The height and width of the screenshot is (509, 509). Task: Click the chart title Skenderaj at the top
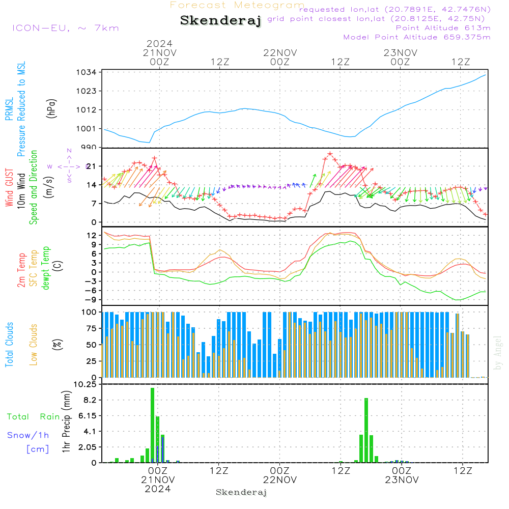tap(220, 21)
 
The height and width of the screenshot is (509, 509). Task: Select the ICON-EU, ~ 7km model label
tap(65, 27)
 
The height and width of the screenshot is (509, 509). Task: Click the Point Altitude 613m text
tap(443, 27)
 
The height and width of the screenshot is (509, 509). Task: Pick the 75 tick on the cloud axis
tap(91, 328)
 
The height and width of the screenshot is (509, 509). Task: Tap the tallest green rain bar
tap(152, 425)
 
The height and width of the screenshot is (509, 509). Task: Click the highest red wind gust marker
tap(330, 154)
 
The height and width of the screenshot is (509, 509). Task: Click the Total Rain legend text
tap(33, 417)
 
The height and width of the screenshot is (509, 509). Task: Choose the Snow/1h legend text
tap(28, 435)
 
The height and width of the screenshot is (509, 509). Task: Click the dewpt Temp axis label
tap(46, 268)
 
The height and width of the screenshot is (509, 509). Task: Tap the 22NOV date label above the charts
tap(279, 53)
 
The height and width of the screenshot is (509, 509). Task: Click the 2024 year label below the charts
tap(158, 489)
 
